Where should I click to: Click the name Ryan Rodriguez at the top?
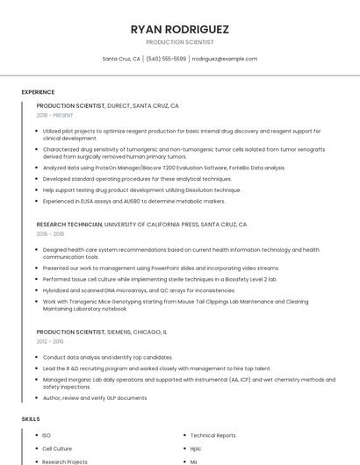point(179,29)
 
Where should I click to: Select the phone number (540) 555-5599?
point(166,59)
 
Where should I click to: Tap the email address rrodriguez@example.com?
point(224,59)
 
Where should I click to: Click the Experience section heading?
point(38,92)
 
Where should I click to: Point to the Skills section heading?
point(31,419)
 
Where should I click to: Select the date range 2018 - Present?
point(54,115)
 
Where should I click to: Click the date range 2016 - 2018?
point(50,234)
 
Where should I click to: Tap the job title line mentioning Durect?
point(107,105)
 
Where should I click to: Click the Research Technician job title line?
point(141,225)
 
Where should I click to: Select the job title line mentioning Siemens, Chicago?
point(101,333)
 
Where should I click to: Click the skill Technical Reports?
point(212,435)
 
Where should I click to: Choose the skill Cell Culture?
point(57,448)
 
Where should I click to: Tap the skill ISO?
point(47,435)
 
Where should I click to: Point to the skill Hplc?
point(196,448)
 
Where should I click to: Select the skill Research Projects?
point(65,461)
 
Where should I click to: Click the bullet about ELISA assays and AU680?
point(133,201)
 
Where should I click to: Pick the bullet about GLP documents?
point(95,397)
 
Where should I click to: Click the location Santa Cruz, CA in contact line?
point(121,59)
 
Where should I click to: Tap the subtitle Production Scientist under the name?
point(179,42)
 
